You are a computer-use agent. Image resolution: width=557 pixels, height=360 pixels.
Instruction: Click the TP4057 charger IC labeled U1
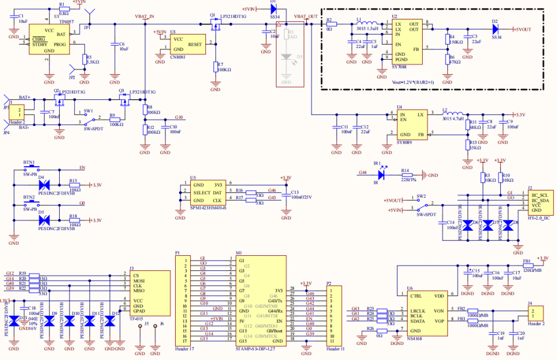pos(49,39)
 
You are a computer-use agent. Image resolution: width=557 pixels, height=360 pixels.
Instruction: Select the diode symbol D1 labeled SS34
pos(273,9)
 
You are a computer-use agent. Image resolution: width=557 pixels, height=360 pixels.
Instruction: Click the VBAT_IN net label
pos(144,17)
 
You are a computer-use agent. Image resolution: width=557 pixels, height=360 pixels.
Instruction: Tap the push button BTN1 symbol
pos(29,168)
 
